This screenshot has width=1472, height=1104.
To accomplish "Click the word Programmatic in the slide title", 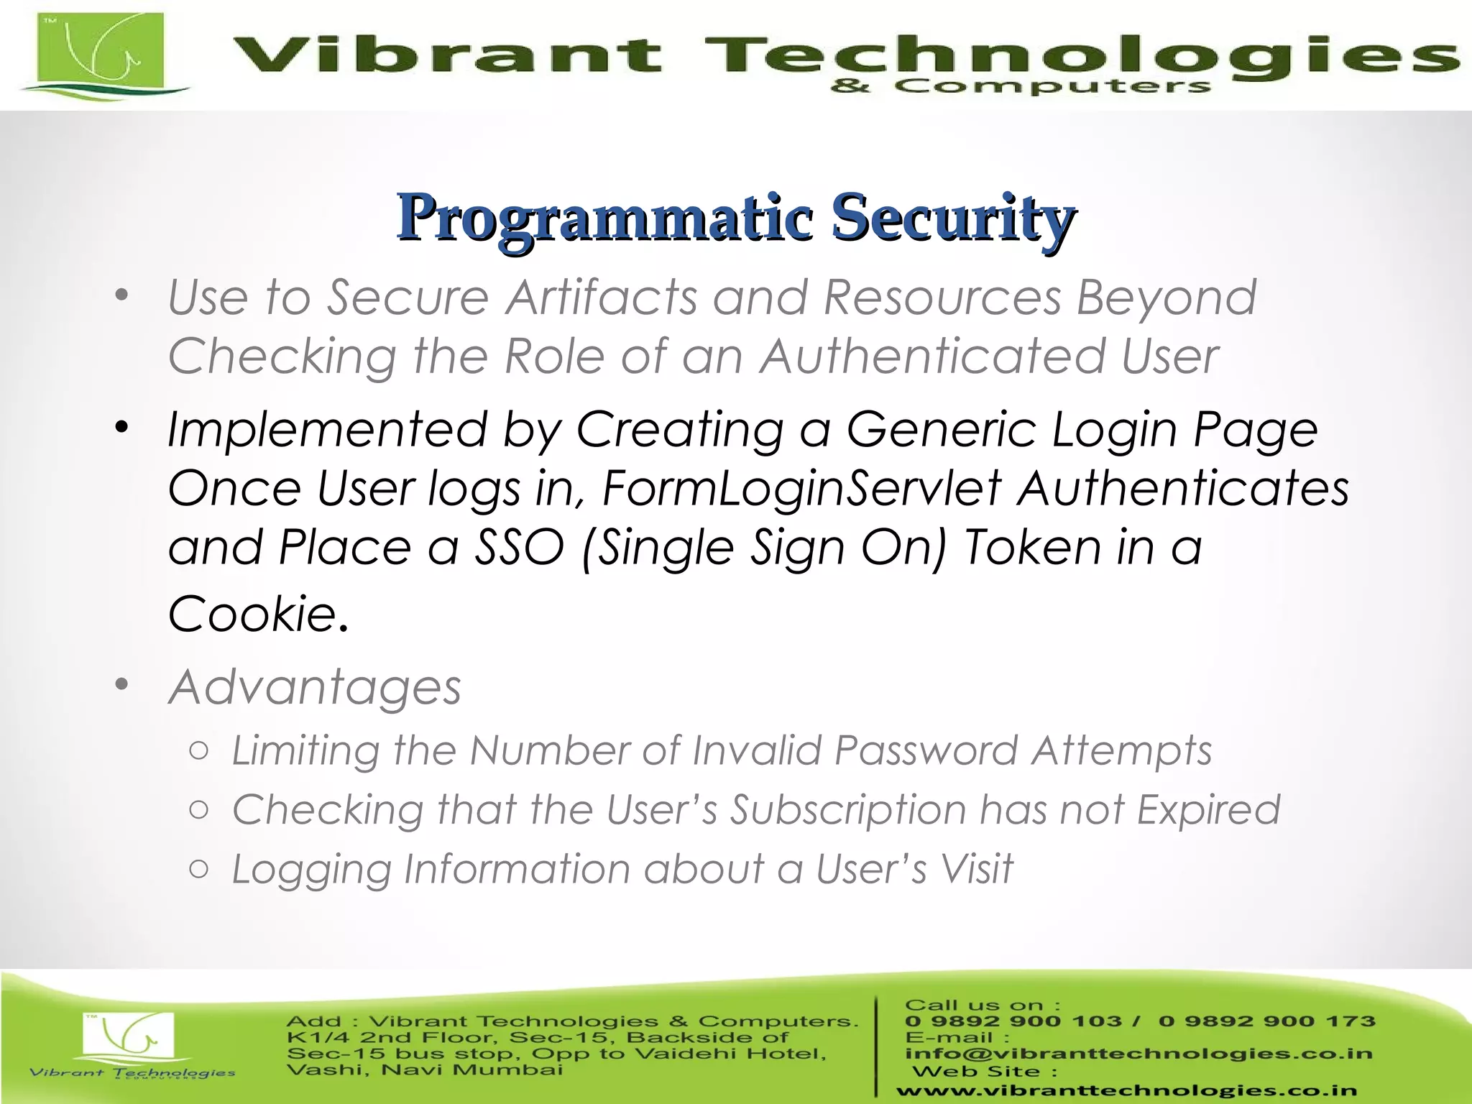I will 605,217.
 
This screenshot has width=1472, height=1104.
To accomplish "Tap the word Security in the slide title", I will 953,217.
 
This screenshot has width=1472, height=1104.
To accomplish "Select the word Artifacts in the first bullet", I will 600,297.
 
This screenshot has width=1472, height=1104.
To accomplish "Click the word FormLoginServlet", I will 801,488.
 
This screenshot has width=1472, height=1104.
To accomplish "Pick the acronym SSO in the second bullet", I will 519,547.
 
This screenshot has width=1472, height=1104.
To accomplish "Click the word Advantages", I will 315,687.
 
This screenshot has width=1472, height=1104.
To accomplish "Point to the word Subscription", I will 848,810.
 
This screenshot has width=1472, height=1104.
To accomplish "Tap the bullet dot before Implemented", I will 121,428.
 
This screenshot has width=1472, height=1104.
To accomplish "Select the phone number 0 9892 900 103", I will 1013,1021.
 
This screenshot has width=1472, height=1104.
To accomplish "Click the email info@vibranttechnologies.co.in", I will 1138,1054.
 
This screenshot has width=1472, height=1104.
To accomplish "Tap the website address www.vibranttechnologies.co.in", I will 1126,1091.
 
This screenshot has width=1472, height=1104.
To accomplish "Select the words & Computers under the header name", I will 1020,87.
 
